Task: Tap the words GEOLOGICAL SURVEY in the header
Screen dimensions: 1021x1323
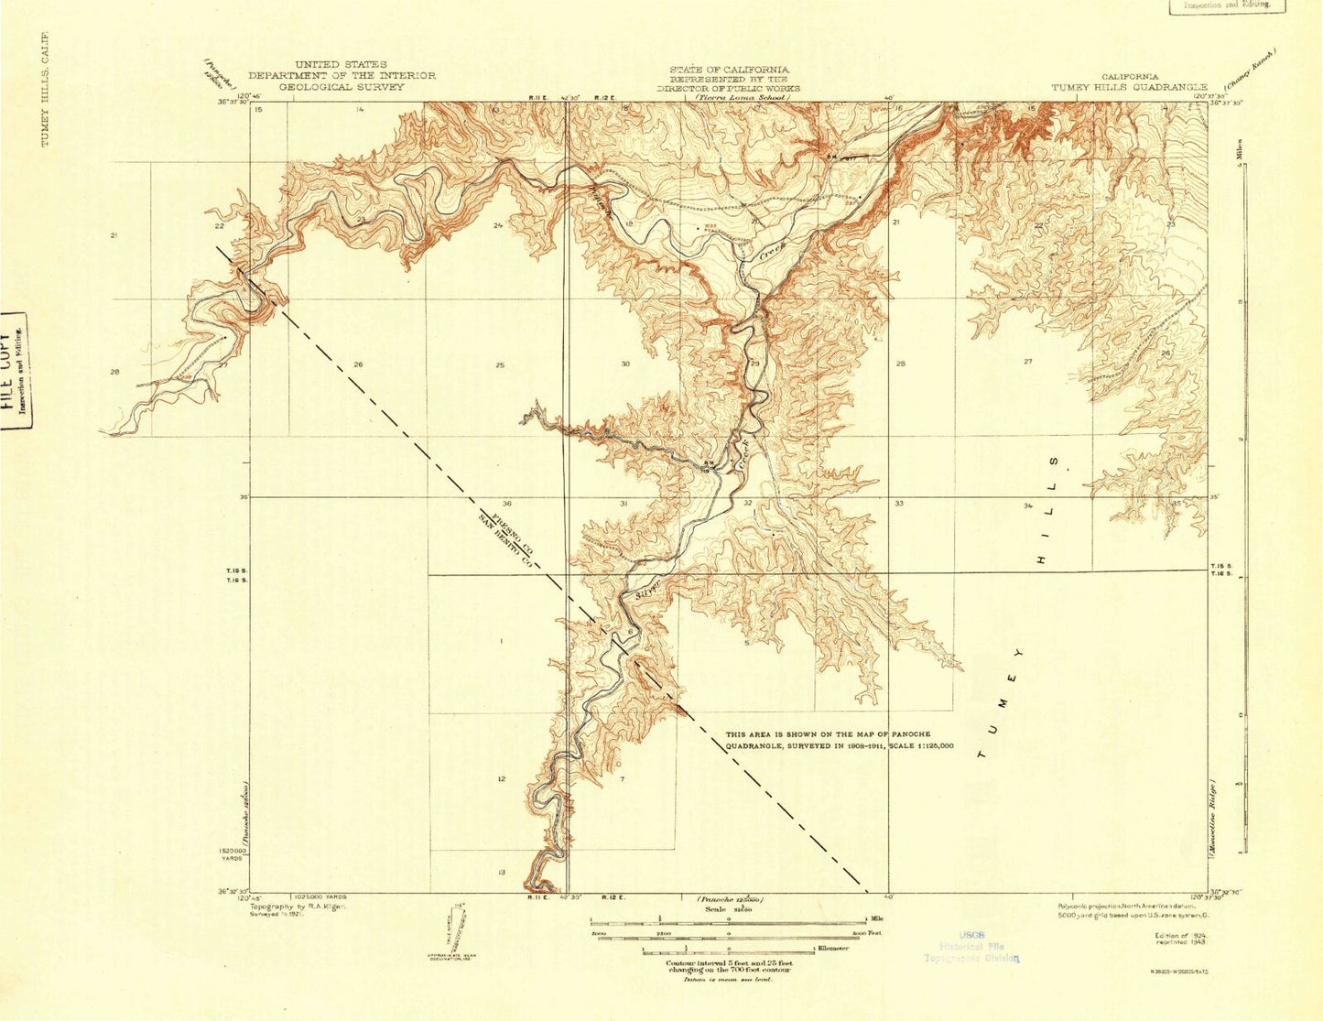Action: [342, 87]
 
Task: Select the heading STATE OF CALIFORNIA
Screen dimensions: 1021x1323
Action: [729, 70]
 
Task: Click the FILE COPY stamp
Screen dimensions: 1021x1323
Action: [14, 371]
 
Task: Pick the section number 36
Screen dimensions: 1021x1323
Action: [506, 504]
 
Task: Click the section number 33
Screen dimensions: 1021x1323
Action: [899, 504]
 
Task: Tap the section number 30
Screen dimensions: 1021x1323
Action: [625, 364]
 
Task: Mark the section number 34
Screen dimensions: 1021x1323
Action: [1028, 505]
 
